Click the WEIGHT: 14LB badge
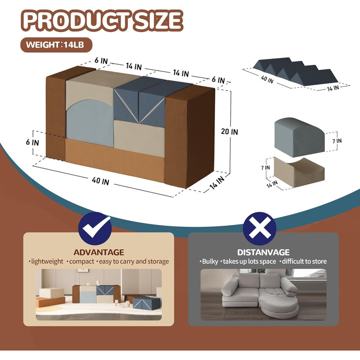click(56, 45)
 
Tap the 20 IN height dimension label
click(229, 131)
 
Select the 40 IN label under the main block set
click(100, 181)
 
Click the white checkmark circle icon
click(95, 228)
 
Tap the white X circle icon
click(260, 228)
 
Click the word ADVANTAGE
click(99, 252)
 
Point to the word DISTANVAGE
click(263, 252)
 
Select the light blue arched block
click(90, 123)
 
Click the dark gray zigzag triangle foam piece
click(296, 72)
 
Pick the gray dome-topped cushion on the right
click(299, 137)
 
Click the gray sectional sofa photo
click(263, 295)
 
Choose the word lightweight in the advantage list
click(47, 261)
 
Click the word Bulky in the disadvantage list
click(210, 261)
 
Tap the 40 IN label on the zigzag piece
click(267, 80)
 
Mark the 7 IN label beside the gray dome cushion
click(337, 141)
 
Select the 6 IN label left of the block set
click(32, 142)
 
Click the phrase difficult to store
click(304, 261)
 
